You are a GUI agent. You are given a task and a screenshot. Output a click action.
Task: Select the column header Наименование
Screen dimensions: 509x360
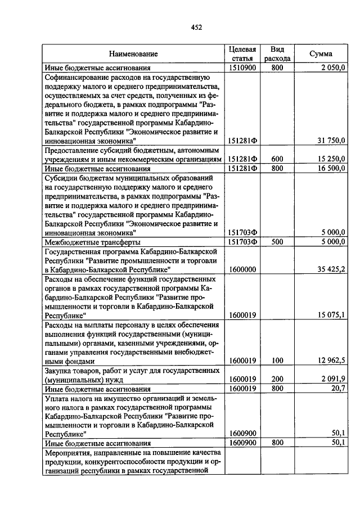click(x=133, y=54)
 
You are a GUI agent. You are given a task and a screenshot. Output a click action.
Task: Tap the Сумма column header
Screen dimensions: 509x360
click(x=321, y=54)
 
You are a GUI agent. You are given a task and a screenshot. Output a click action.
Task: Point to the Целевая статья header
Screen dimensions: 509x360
click(x=243, y=53)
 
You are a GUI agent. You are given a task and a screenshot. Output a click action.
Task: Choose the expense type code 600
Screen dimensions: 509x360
click(x=277, y=160)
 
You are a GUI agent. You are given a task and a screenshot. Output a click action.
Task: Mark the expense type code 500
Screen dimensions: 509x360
click(x=277, y=242)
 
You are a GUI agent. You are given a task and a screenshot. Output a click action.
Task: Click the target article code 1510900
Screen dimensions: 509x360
click(x=243, y=68)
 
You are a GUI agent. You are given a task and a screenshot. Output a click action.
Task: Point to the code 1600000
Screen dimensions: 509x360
click(x=243, y=269)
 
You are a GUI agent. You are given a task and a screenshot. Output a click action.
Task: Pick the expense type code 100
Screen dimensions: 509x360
click(x=277, y=361)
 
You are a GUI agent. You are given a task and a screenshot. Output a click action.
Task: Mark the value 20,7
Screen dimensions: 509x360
click(x=338, y=389)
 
